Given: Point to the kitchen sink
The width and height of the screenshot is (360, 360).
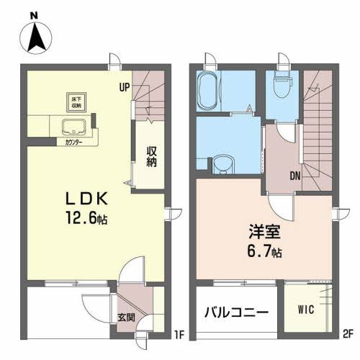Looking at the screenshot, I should click(x=74, y=129).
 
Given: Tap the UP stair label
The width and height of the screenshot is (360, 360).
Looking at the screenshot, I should click(x=125, y=89).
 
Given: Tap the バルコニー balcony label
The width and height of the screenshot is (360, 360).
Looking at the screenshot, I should click(x=235, y=313).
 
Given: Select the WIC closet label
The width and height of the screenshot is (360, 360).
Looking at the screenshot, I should click(x=306, y=311).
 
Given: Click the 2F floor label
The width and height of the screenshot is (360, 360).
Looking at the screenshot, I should click(x=347, y=333).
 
